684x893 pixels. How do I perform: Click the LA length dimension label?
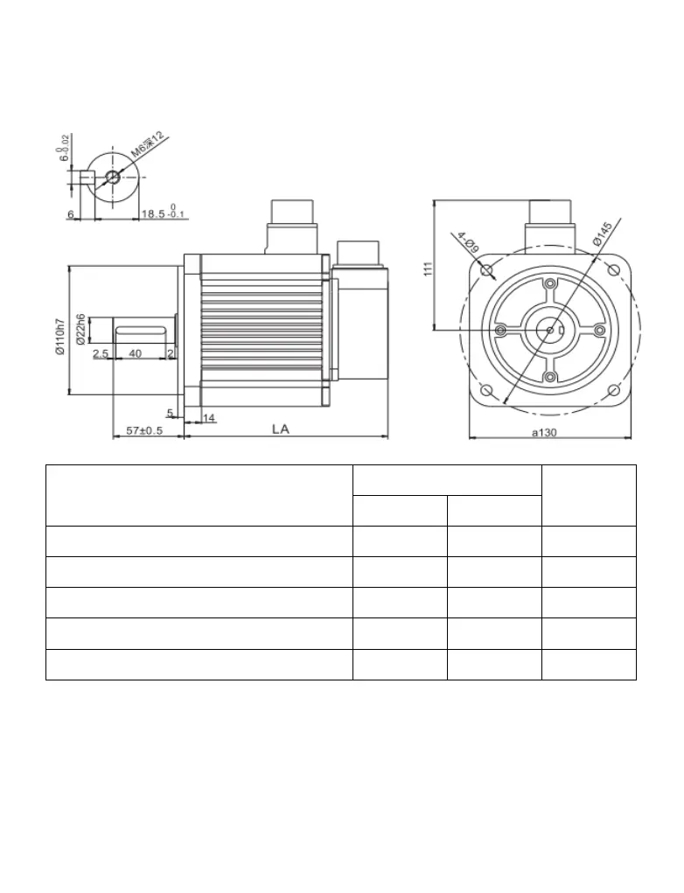tap(281, 429)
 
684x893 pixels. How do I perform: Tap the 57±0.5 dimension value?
tap(144, 430)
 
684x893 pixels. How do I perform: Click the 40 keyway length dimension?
tap(136, 353)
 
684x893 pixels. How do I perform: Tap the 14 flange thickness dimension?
tap(209, 419)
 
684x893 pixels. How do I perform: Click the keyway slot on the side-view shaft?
tap(140, 330)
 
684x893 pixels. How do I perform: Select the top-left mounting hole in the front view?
tap(487, 269)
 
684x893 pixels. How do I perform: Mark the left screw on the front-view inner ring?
tap(499, 330)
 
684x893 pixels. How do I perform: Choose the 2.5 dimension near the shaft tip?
tap(100, 353)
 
